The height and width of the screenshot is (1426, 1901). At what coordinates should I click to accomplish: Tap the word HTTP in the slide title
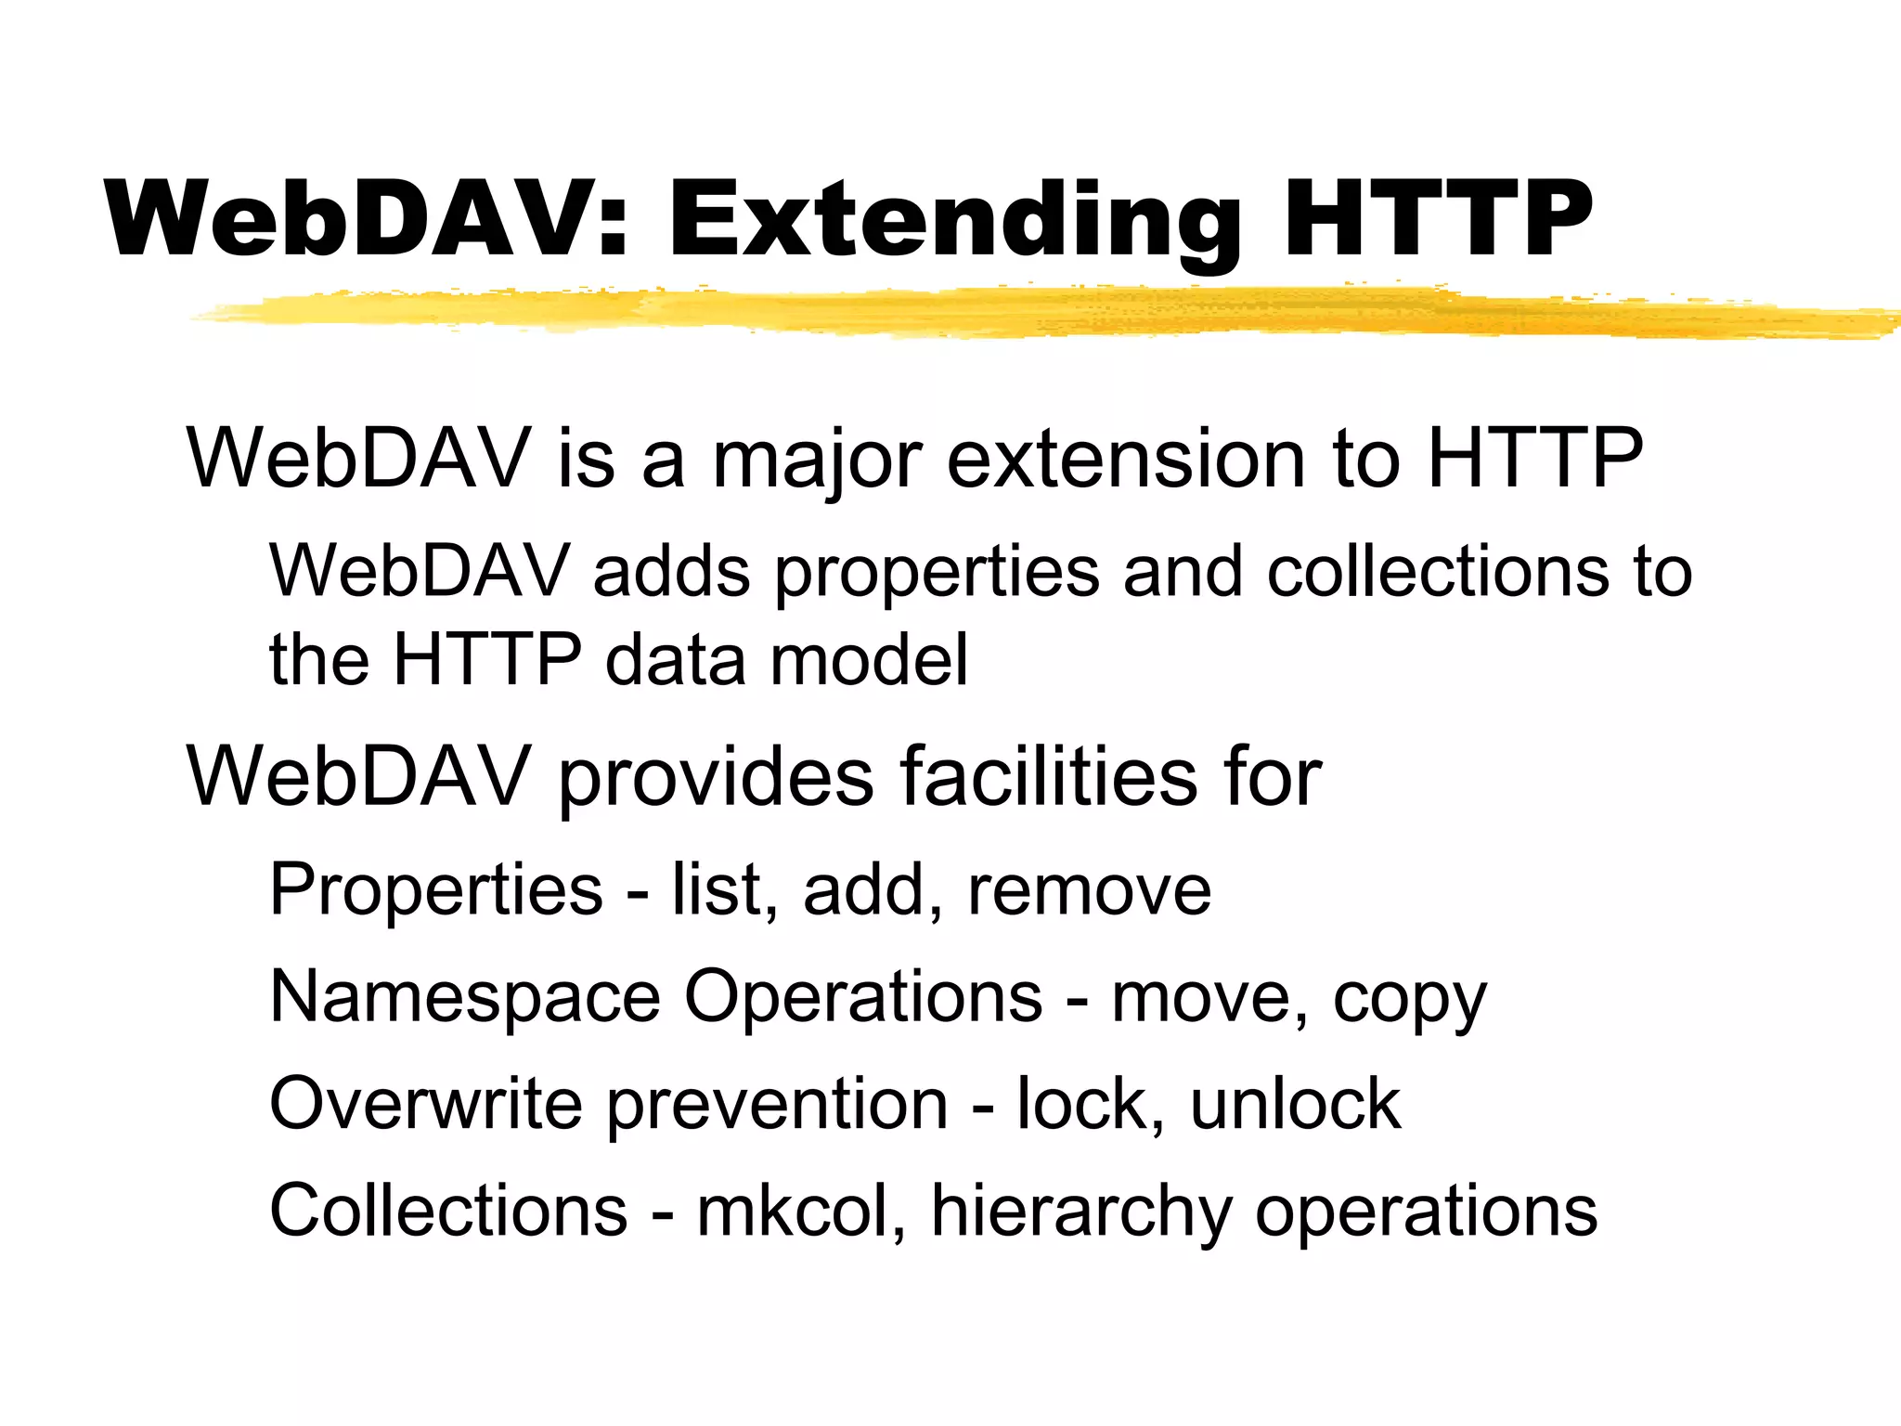point(1437,220)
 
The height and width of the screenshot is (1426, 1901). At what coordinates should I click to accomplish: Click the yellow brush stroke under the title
point(1021,312)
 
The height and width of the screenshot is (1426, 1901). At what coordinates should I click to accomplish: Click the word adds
point(670,571)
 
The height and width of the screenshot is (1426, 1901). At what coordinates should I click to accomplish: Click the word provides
point(715,778)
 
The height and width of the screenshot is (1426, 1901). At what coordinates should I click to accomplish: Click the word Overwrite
point(426,1104)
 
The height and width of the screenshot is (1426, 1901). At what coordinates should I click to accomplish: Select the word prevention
point(778,1106)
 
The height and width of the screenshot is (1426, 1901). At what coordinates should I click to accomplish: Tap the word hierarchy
point(1080,1212)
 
